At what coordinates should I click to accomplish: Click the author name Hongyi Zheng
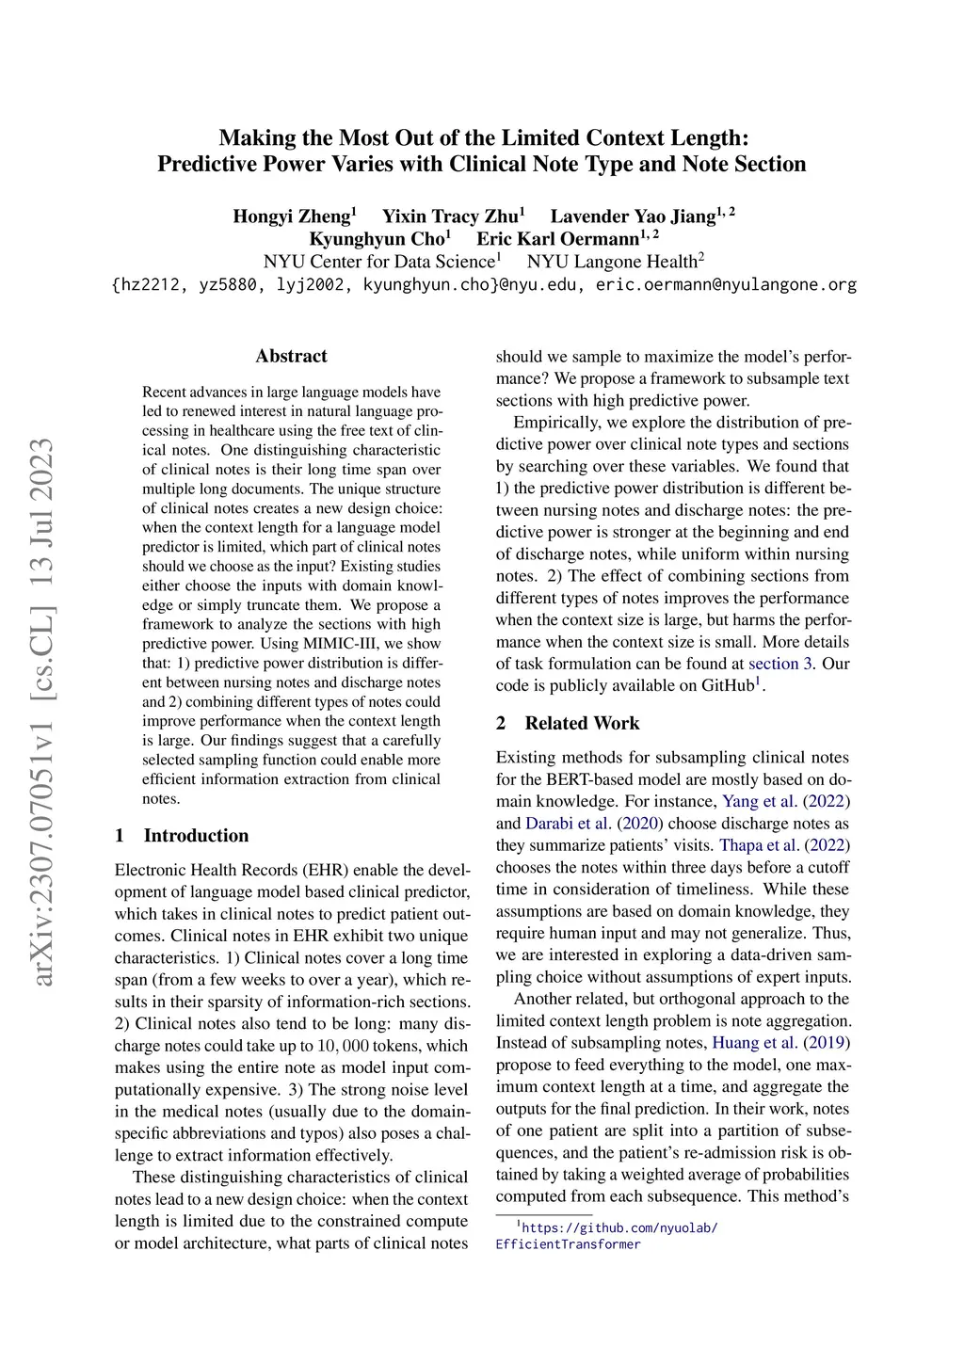[292, 216]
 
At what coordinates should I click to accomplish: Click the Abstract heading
[292, 356]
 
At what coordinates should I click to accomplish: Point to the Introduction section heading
[196, 836]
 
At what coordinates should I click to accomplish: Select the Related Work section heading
[582, 723]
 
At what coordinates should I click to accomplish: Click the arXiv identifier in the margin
[44, 713]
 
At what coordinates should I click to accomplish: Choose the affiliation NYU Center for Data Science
[378, 262]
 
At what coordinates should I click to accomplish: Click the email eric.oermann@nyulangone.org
[726, 284]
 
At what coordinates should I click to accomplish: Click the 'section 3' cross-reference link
[780, 664]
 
